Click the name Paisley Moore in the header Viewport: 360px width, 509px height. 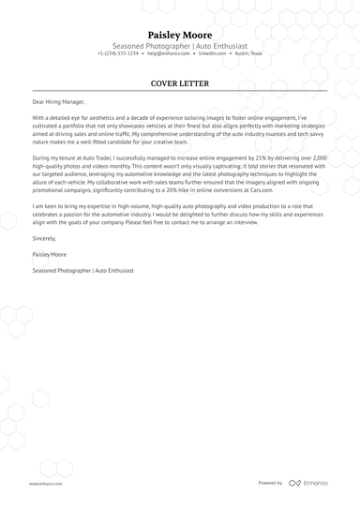coord(180,35)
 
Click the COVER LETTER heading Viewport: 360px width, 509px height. coord(180,83)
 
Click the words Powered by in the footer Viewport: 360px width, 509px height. coord(270,483)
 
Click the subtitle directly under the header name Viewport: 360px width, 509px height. coord(180,45)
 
